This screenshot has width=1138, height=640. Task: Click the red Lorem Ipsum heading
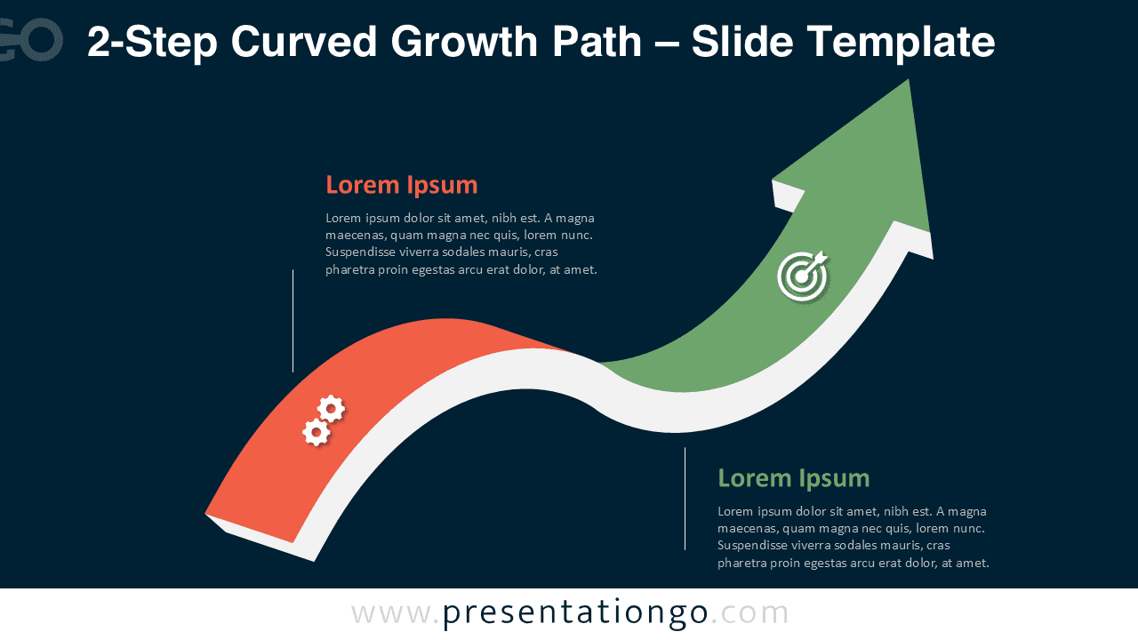(401, 185)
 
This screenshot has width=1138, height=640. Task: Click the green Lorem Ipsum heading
(793, 478)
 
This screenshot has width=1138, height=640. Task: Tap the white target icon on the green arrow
(802, 276)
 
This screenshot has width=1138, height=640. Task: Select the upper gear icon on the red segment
(332, 408)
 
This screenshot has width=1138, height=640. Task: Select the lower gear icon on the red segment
(316, 432)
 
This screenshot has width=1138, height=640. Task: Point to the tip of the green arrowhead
(908, 81)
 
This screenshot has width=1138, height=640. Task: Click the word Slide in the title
(735, 42)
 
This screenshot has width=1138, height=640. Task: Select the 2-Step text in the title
(152, 42)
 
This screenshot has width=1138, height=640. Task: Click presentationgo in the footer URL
(575, 612)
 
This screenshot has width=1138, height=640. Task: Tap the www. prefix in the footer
(395, 612)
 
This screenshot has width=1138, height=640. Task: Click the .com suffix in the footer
(750, 612)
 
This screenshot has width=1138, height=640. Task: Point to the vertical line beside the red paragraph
(293, 320)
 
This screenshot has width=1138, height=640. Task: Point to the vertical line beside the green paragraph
(685, 498)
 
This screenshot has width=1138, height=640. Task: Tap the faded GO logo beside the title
(32, 40)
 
